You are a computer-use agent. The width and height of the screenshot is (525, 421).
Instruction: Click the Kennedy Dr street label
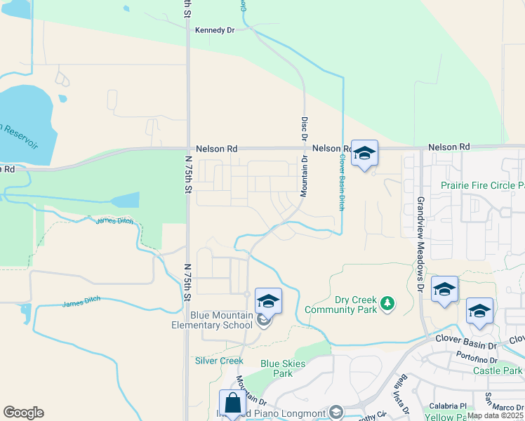[214, 30]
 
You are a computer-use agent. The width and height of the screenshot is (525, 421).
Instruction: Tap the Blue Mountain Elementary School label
[212, 321]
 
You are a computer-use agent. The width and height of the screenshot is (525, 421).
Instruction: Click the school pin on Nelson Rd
[364, 154]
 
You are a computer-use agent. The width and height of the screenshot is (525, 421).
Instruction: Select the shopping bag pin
[232, 403]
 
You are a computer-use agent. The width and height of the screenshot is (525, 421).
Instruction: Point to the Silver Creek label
[219, 361]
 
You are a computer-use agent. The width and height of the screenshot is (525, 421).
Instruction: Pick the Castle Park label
[498, 370]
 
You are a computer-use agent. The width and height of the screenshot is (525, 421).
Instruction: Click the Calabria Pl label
[448, 406]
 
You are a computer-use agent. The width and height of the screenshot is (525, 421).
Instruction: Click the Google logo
[23, 413]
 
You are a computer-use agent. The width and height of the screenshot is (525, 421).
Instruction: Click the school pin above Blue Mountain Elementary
[268, 301]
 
